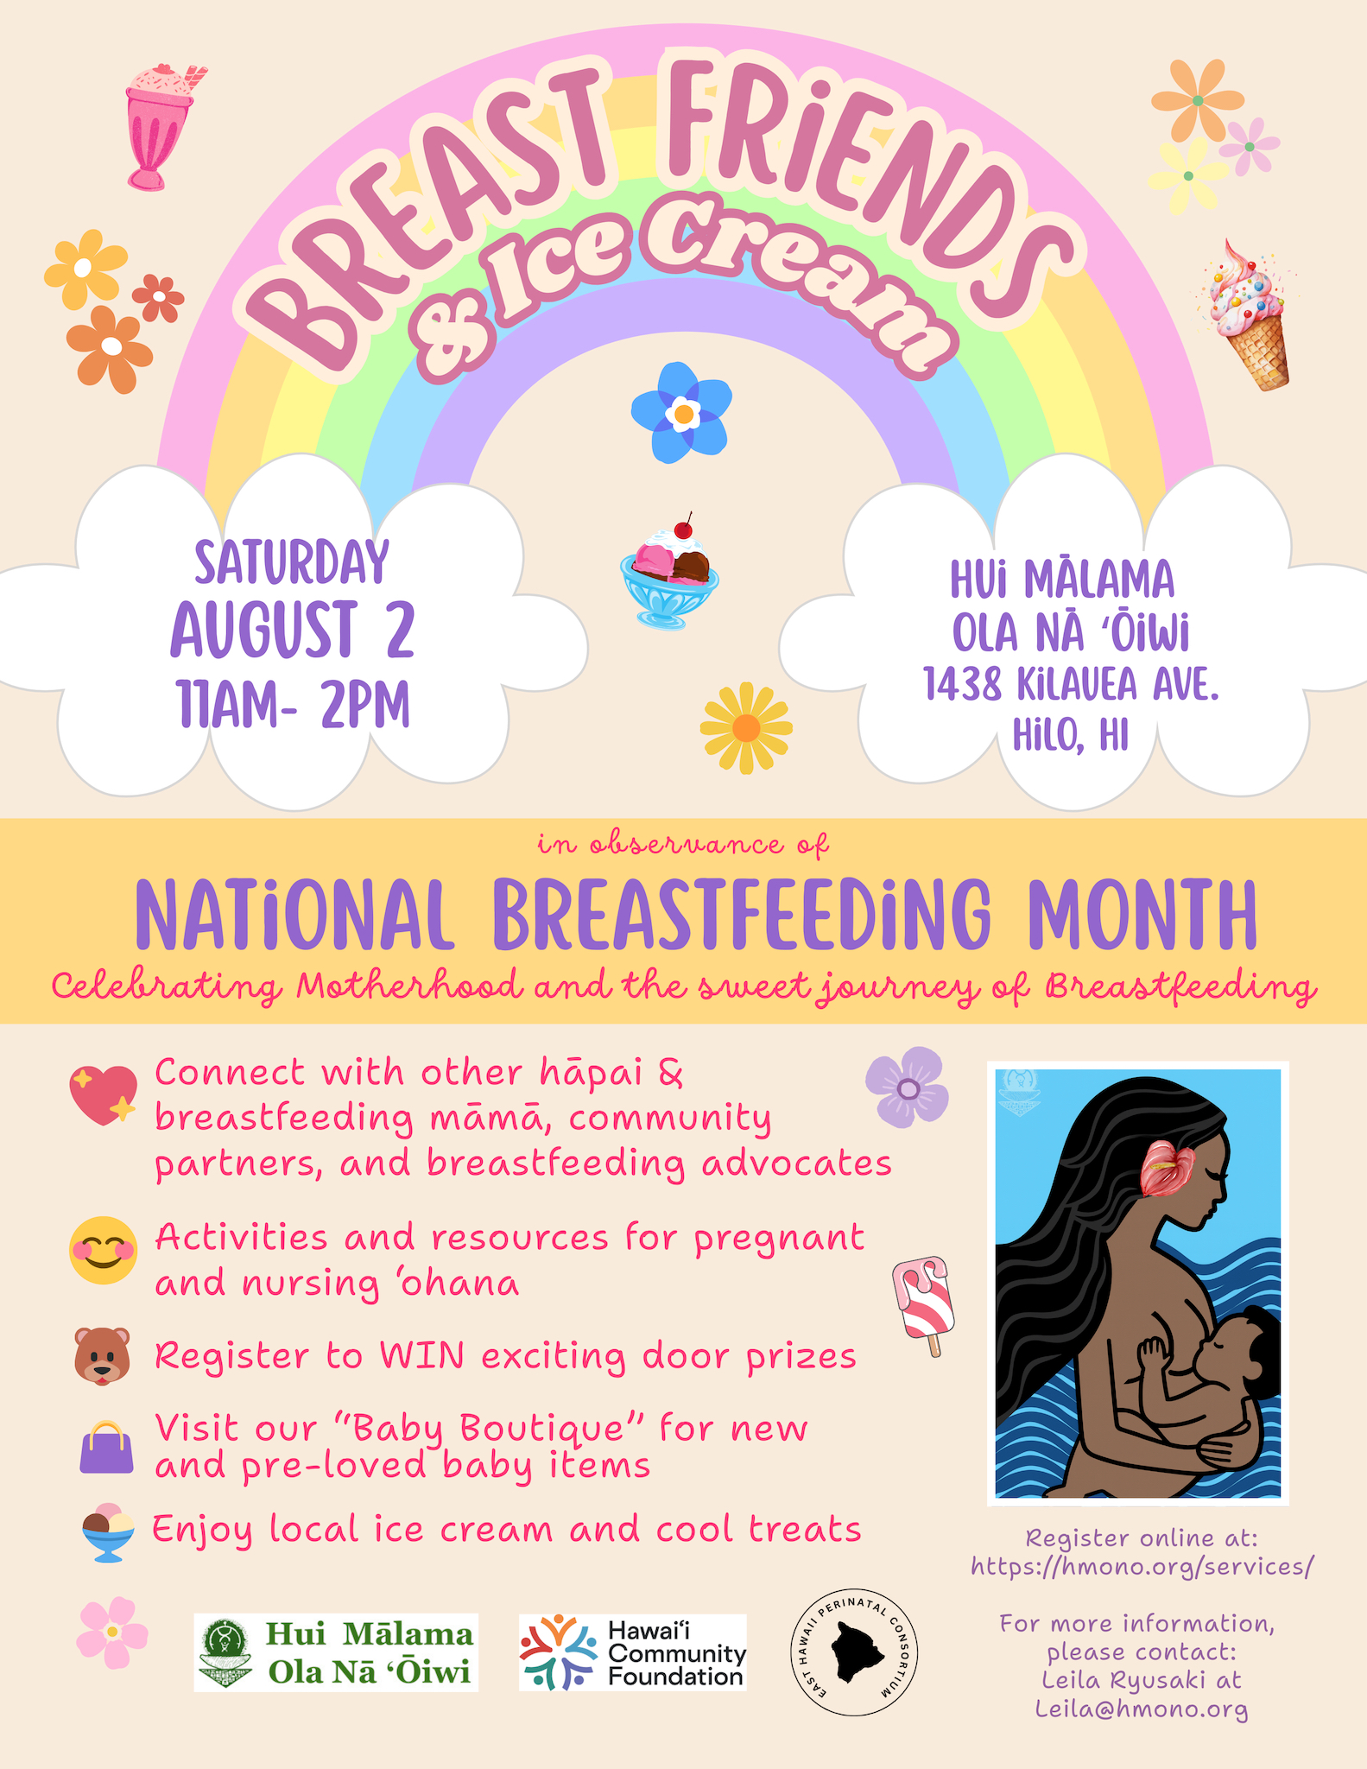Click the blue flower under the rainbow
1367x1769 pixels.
point(682,412)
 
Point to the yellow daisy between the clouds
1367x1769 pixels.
point(746,728)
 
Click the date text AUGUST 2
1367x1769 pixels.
point(293,629)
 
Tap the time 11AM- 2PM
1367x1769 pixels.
point(293,705)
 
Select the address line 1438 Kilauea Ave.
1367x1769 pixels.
point(1071,684)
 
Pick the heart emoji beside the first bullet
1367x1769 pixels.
point(104,1094)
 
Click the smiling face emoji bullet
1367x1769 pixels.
point(103,1251)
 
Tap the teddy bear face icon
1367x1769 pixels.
point(103,1356)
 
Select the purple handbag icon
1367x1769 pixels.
point(106,1447)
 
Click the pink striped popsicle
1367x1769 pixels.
point(924,1305)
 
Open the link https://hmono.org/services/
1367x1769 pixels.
point(1142,1567)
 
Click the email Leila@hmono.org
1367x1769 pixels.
point(1142,1709)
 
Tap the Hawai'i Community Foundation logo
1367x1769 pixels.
point(633,1652)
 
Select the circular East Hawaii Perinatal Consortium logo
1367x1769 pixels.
point(855,1653)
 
